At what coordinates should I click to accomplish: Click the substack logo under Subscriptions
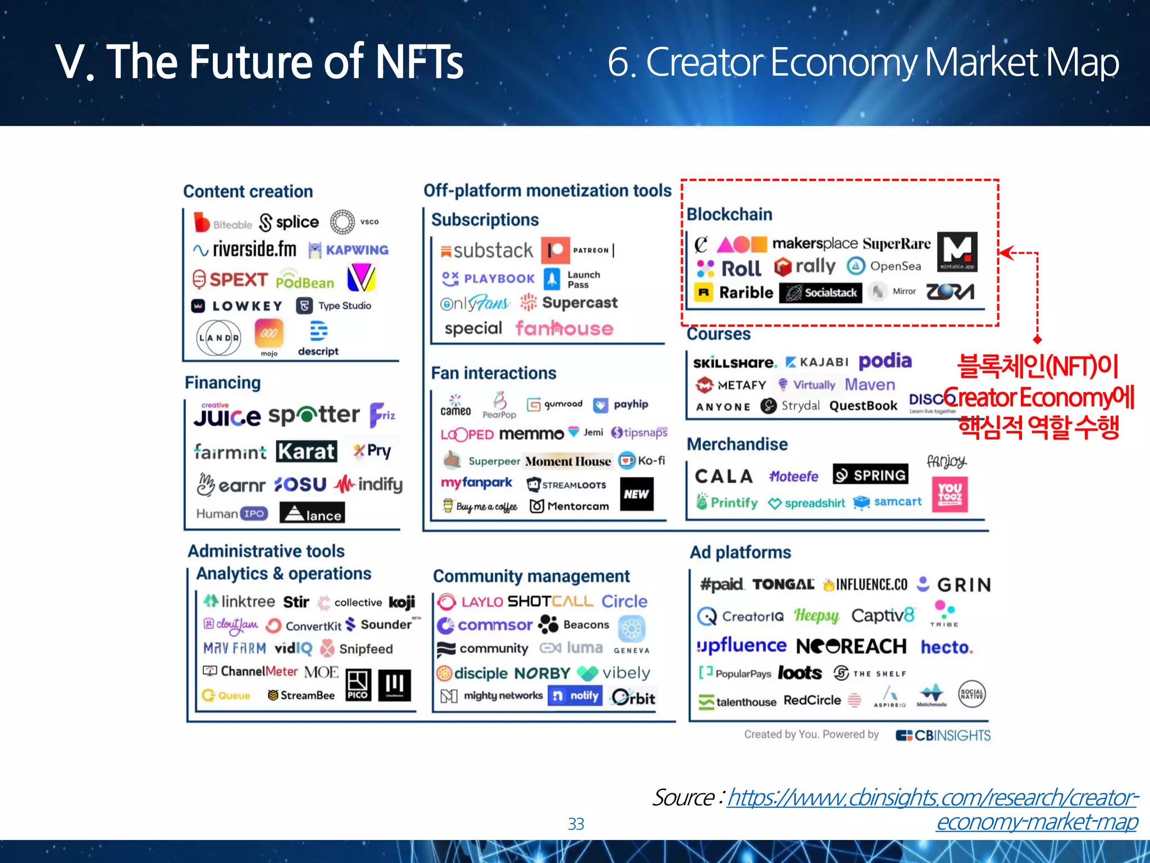point(487,251)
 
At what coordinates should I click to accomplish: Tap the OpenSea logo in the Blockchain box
point(884,266)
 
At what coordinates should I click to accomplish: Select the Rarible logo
point(734,293)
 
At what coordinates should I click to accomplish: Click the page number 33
point(576,824)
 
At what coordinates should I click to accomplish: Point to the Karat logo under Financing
point(306,452)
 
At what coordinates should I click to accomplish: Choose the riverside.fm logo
point(245,249)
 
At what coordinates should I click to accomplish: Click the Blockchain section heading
point(729,214)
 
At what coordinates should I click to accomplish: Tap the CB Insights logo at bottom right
point(943,735)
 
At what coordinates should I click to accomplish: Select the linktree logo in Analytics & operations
point(239,602)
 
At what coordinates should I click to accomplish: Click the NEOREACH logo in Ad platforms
point(851,647)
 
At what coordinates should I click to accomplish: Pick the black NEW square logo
point(636,494)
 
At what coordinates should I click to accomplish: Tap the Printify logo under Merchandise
point(727,502)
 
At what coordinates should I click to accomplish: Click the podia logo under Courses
point(885,361)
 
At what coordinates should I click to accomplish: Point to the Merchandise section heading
point(737,444)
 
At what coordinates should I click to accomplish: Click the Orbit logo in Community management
point(633,698)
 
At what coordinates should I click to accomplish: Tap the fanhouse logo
point(564,328)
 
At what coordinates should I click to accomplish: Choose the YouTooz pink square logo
point(950,494)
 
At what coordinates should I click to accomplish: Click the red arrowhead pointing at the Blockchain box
point(1005,253)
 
